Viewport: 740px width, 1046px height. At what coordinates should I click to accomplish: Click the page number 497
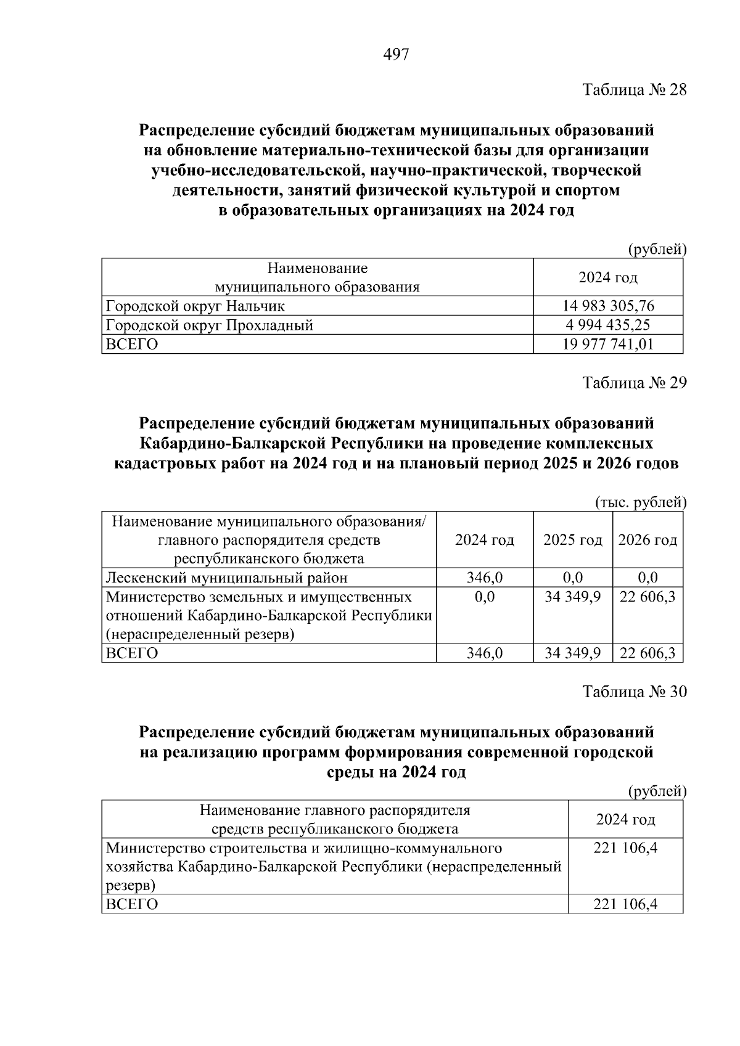click(x=396, y=55)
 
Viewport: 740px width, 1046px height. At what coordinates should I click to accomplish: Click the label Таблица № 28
click(x=635, y=90)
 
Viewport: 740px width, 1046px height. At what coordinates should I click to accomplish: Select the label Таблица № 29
click(x=635, y=383)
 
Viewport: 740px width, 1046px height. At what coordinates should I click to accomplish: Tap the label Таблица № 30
click(x=635, y=692)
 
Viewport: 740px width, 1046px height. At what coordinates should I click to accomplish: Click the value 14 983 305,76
click(x=608, y=306)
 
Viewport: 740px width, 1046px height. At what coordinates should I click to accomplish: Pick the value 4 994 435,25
click(x=608, y=325)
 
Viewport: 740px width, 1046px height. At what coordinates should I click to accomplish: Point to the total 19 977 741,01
click(x=608, y=344)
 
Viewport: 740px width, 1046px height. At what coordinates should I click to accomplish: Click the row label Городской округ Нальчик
click(x=195, y=306)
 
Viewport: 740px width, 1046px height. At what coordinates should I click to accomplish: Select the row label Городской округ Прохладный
click(x=210, y=325)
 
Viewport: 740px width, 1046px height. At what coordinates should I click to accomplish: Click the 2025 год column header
click(x=572, y=540)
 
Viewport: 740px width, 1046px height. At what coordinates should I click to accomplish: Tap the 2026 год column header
click(x=647, y=540)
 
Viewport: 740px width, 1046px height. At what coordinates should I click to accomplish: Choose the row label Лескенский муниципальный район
click(x=227, y=578)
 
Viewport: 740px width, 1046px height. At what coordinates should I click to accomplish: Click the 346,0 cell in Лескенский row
click(x=484, y=578)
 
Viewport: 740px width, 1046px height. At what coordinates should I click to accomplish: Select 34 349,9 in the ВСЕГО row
click(x=572, y=653)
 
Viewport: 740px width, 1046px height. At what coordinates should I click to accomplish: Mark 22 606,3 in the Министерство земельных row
click(x=647, y=597)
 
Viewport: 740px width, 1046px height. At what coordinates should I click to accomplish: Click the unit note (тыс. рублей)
click(x=641, y=502)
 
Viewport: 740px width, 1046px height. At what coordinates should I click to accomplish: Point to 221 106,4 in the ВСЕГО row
click(x=625, y=904)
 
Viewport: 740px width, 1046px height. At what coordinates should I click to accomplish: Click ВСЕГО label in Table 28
click(x=132, y=344)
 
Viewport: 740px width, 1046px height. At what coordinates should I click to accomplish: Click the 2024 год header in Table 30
click(x=625, y=819)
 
